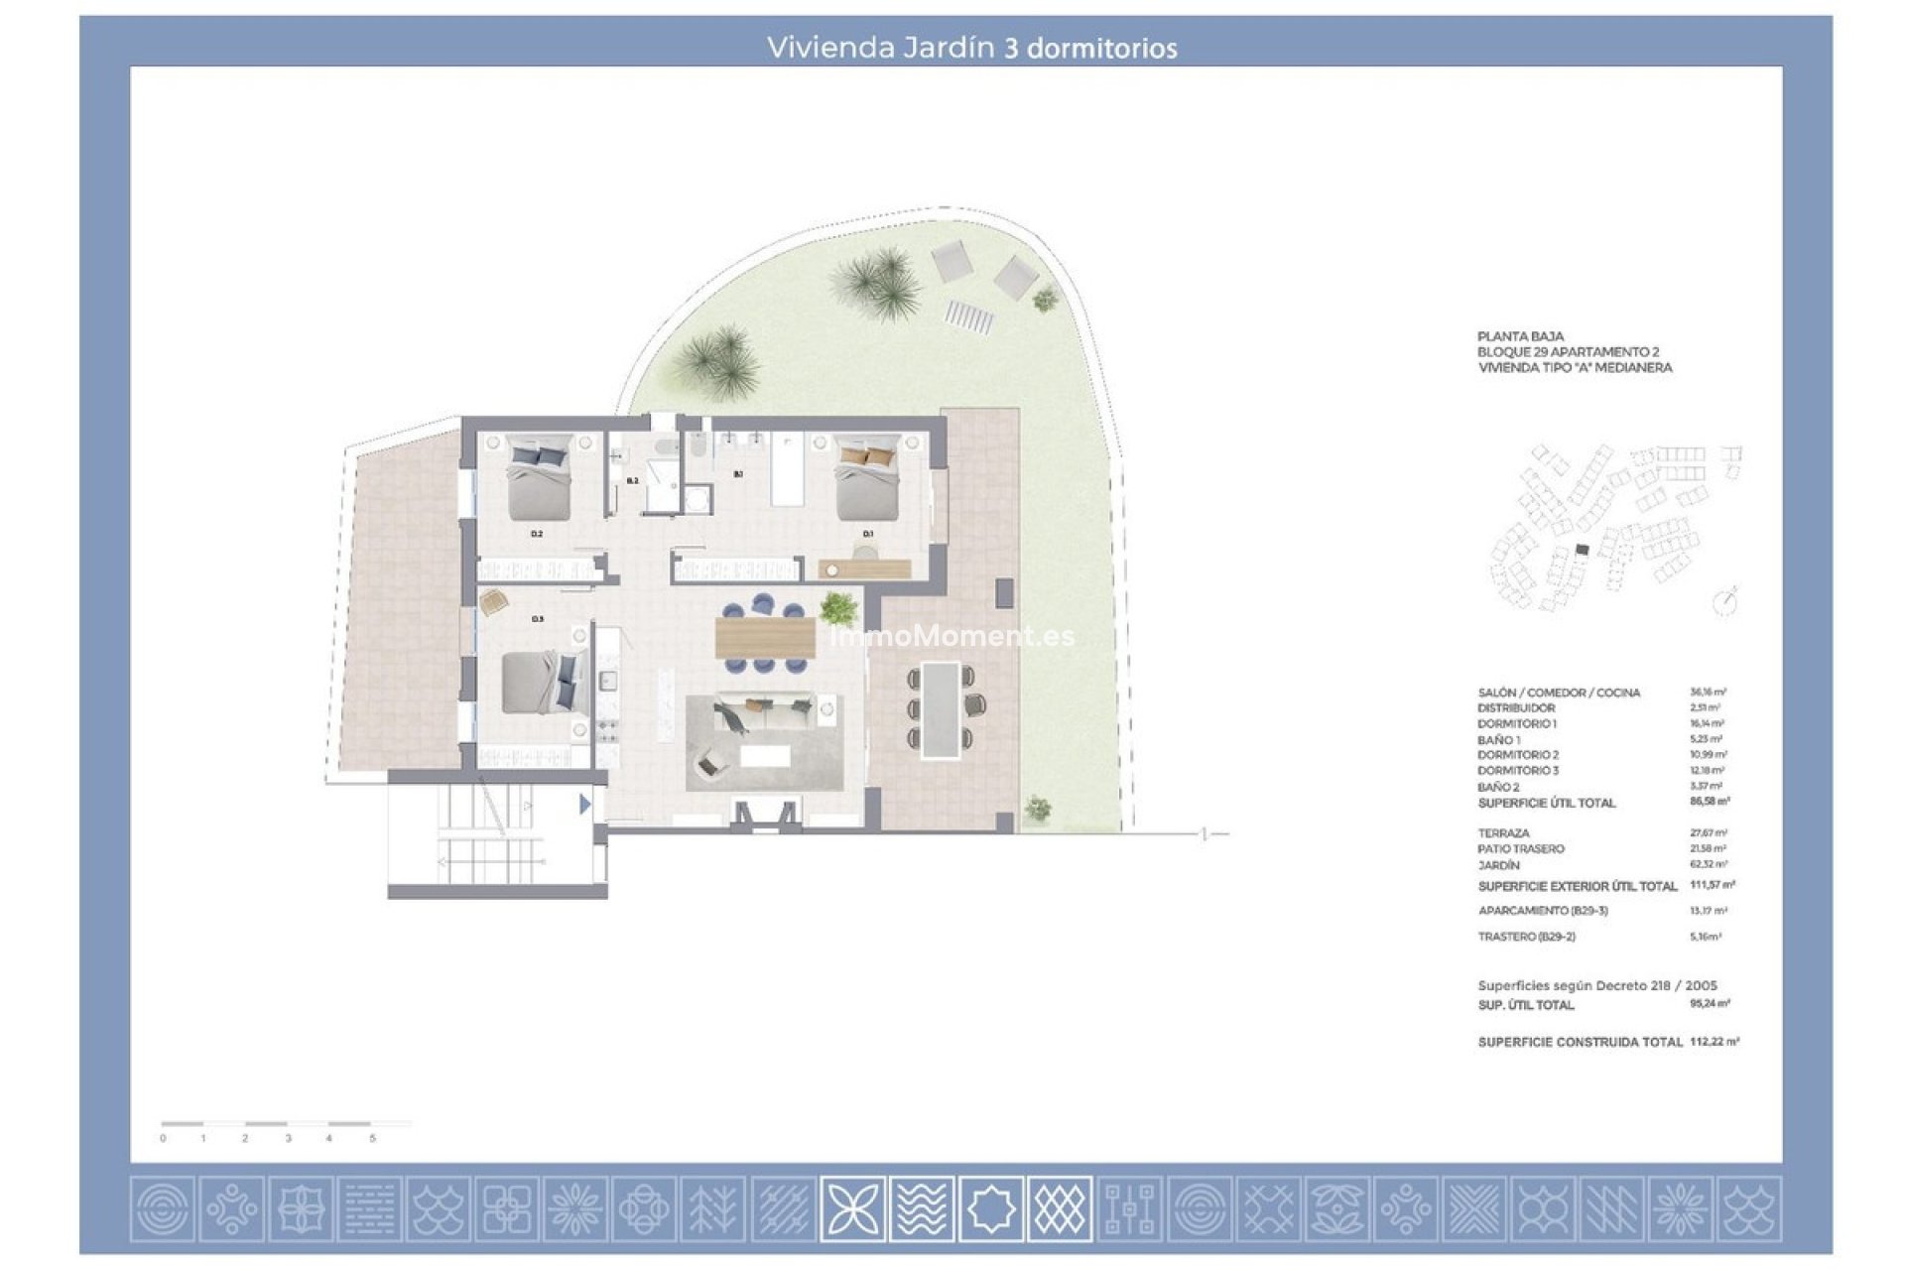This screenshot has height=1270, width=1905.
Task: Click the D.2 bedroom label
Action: [x=537, y=534]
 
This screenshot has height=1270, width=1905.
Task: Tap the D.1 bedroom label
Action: [x=868, y=534]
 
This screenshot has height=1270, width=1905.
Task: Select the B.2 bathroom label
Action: [x=632, y=480]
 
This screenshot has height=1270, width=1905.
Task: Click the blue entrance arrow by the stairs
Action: [x=585, y=804]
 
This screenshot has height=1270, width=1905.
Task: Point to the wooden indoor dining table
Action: [x=765, y=637]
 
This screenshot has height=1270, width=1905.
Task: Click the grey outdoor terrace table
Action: [x=940, y=709]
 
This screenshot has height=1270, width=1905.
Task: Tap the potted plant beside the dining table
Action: [x=838, y=606]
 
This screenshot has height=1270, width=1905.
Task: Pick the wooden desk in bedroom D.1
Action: [x=864, y=570]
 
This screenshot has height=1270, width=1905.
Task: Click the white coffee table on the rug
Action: [x=765, y=757]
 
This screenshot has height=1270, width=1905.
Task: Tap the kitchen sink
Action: [x=608, y=681]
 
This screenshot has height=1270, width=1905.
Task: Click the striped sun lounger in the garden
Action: [x=969, y=317]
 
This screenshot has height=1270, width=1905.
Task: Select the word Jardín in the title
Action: [x=949, y=48]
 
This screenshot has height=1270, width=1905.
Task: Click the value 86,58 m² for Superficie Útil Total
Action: [x=1710, y=802]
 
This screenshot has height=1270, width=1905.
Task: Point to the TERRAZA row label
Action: [x=1503, y=833]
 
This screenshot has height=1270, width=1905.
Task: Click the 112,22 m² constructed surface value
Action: [x=1714, y=1042]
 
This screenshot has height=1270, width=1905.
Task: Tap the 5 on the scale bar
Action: [x=373, y=1138]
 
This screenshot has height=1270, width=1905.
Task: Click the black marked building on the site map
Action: [x=1582, y=550]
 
